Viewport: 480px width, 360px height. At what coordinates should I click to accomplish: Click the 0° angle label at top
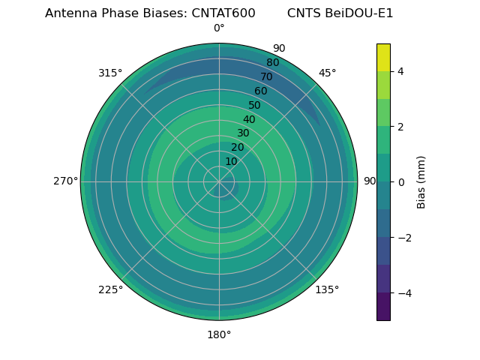[219, 28]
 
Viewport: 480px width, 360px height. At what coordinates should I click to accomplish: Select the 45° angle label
[327, 73]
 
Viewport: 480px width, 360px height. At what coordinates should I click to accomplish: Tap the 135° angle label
[327, 289]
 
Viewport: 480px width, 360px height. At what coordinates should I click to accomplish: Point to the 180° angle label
[219, 334]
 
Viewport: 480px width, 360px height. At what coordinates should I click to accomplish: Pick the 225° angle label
[110, 289]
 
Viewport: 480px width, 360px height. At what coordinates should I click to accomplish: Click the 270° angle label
[65, 181]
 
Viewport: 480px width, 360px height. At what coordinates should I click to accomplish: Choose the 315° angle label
[110, 73]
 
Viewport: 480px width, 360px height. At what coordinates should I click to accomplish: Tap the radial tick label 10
[231, 161]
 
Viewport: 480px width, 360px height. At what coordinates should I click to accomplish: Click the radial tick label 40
[249, 119]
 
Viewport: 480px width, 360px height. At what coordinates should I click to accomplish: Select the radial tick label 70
[266, 76]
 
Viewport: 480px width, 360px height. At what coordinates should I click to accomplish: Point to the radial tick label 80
[272, 63]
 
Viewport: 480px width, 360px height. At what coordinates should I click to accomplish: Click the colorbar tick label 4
[401, 71]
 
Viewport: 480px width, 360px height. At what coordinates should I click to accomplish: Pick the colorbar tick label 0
[401, 182]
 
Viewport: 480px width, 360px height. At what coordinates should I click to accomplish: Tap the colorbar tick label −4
[401, 293]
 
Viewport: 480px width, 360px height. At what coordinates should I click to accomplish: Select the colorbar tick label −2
[401, 238]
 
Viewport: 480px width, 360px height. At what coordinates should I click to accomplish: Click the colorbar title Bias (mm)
[421, 182]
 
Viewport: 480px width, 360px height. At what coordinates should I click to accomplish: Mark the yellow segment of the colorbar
[383, 57]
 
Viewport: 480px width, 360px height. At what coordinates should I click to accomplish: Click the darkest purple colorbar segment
[383, 307]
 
